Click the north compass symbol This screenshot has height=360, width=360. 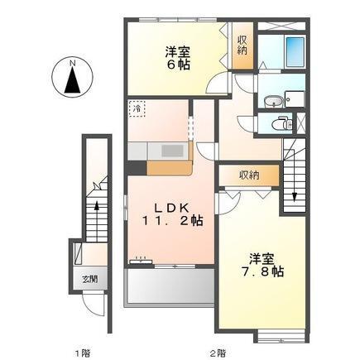72,79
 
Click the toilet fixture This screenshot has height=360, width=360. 281,125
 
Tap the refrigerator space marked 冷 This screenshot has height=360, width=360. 137,108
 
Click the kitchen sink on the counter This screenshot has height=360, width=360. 171,152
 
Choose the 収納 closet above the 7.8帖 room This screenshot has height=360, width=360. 249,175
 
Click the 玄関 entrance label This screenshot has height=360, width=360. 89,280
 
